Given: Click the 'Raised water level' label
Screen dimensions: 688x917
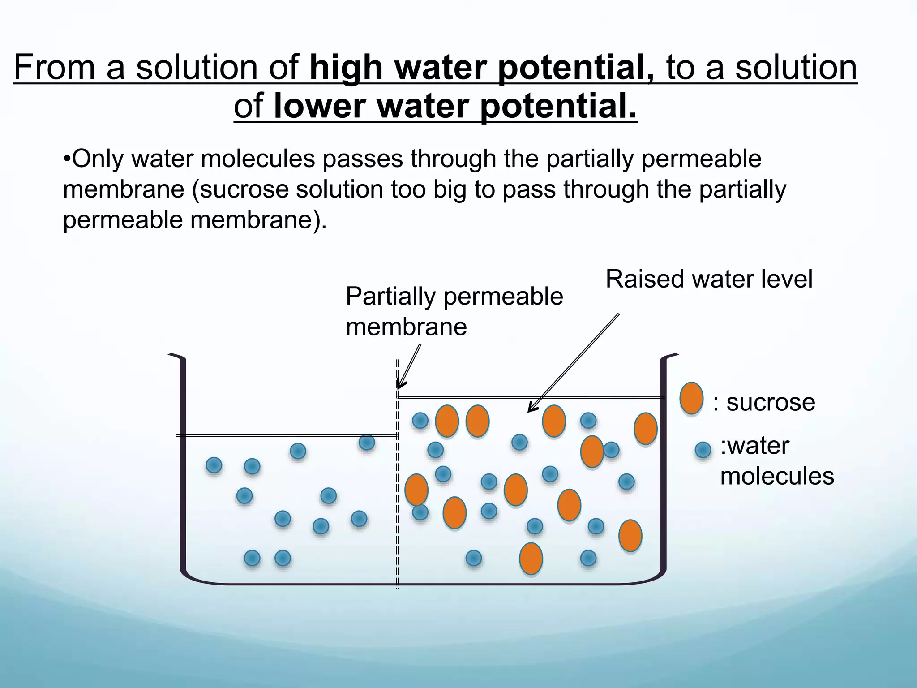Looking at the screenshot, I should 709,279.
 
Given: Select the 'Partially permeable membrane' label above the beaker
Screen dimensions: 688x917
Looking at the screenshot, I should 454,311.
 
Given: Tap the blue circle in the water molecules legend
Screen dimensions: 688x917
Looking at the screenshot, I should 703,450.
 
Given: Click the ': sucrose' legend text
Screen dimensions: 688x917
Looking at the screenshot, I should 764,402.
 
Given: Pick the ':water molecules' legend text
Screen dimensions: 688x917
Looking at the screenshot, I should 776,461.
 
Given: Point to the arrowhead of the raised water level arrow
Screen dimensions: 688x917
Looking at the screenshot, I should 531,408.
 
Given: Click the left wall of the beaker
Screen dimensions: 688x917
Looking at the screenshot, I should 183,466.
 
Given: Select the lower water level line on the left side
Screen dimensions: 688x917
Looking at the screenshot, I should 287,435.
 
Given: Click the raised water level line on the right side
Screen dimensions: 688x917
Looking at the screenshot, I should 528,397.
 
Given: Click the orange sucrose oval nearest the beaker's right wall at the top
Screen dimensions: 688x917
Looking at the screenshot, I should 645,429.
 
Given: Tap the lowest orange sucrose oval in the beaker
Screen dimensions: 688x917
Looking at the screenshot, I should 531,558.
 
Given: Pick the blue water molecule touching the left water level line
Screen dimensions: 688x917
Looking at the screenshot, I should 367,443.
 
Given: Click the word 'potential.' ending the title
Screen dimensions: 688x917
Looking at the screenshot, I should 557,107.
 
